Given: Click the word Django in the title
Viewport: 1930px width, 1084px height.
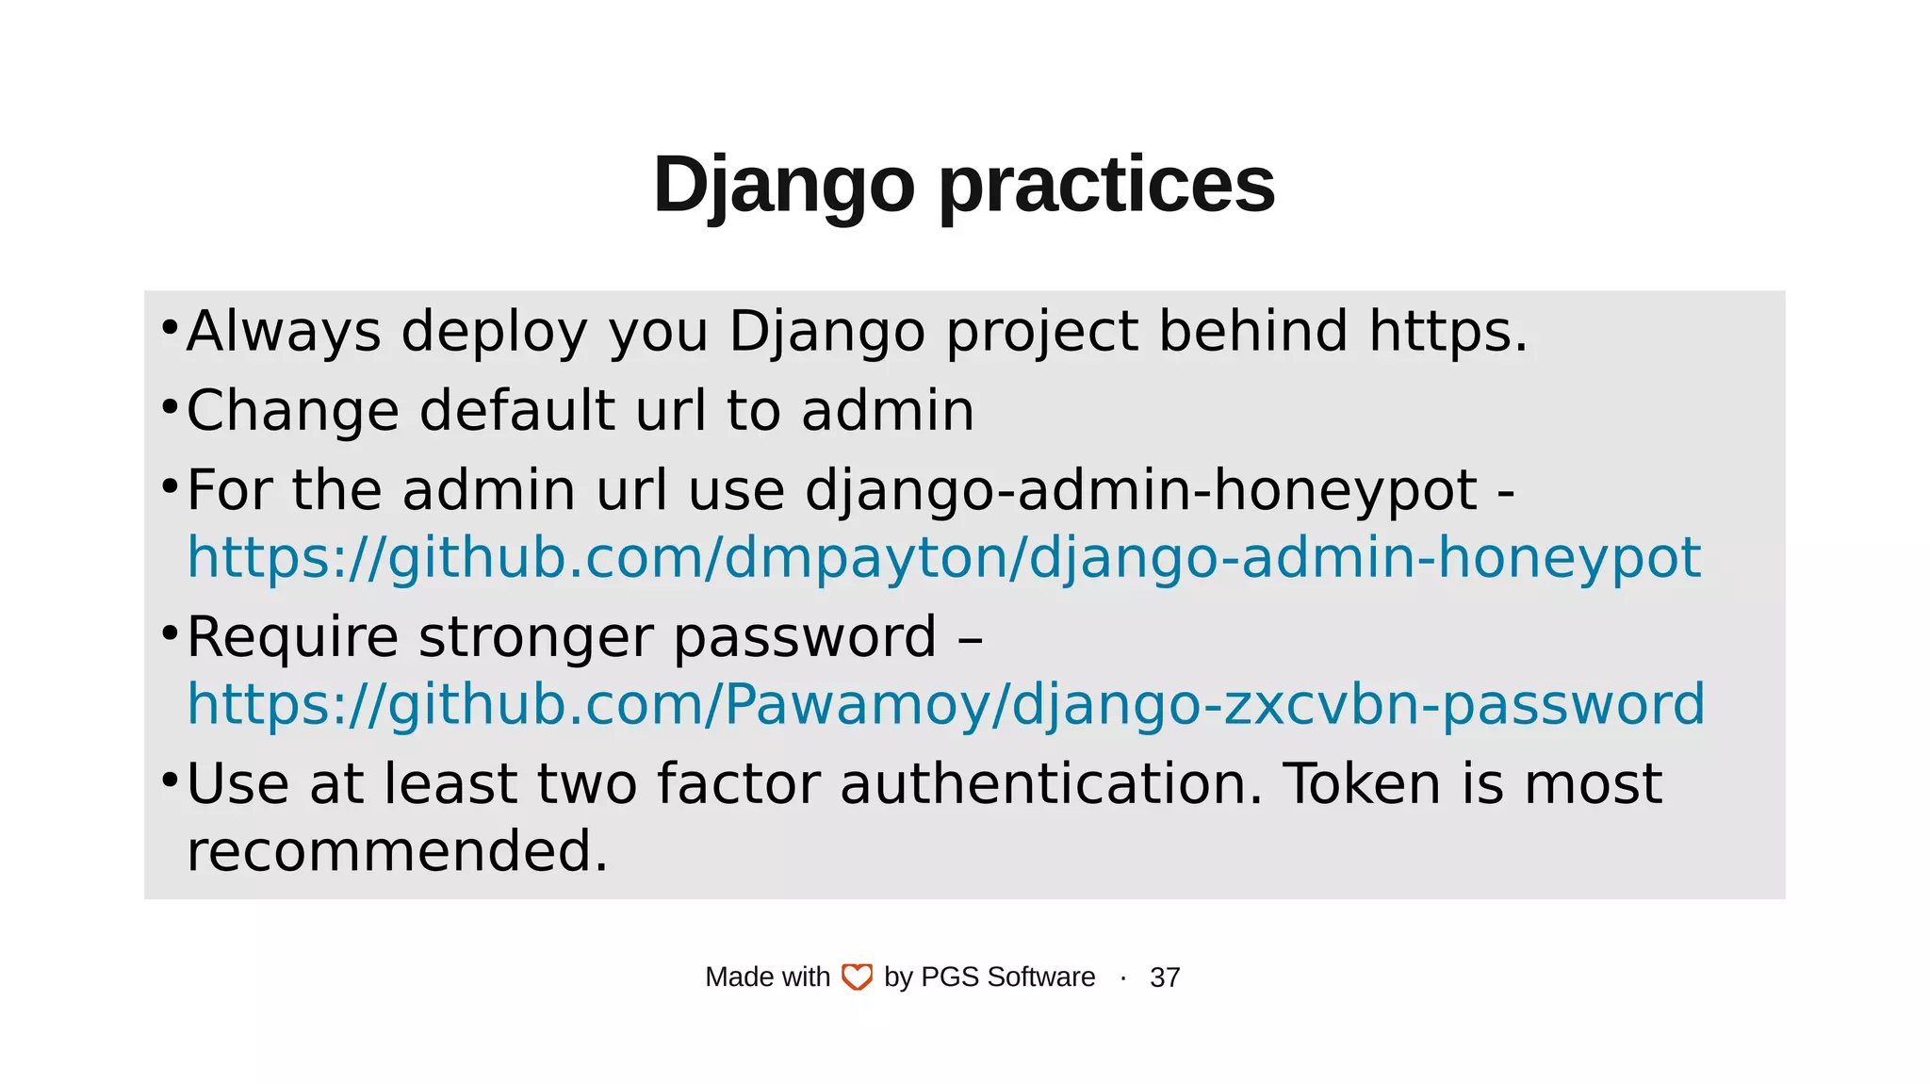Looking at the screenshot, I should [783, 185].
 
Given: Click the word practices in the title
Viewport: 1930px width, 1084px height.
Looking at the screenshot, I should [1106, 185].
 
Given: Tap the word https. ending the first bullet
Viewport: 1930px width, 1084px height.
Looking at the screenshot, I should [1447, 332].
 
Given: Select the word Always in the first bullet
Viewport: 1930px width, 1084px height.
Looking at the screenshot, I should [284, 332].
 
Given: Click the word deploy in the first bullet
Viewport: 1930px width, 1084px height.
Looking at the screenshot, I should [494, 332].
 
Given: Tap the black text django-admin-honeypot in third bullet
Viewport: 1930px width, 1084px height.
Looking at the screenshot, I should [1140, 491].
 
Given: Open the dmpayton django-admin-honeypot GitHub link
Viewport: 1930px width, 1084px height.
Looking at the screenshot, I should [943, 558].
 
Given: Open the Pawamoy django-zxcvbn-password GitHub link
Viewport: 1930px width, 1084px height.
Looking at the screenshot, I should [945, 705].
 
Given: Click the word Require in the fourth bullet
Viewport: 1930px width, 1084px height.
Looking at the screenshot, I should [292, 637].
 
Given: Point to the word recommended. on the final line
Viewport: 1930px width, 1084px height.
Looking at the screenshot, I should [397, 851].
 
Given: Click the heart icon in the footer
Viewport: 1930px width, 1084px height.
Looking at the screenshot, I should [857, 977].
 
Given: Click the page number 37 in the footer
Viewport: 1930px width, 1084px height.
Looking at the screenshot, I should [1165, 977].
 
